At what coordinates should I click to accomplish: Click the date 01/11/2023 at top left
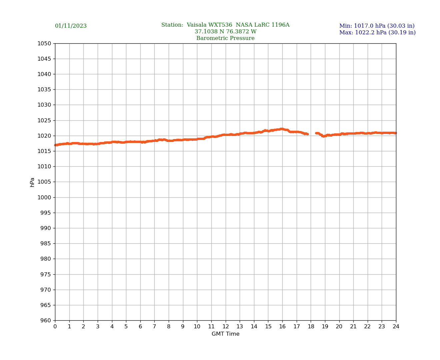point(71,26)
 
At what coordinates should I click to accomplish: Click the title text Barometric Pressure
point(225,38)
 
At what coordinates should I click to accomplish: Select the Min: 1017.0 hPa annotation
point(377,26)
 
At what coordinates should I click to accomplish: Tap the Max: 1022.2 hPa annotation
point(377,33)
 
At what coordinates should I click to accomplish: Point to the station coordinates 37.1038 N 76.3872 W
point(225,32)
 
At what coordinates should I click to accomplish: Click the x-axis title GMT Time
point(225,334)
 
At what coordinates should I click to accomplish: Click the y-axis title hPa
point(32,182)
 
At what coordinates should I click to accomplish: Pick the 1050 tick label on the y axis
point(44,43)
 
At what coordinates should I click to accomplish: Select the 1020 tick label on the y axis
point(44,136)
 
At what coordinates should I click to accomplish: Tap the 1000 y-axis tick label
point(44,197)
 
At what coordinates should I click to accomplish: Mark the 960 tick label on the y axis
point(46,321)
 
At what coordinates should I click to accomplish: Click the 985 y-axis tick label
point(46,244)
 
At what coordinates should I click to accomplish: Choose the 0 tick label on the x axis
point(55,327)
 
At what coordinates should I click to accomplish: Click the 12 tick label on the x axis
point(226,327)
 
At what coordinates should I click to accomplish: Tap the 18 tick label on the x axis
point(311,327)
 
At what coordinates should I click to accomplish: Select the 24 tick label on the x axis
point(396,327)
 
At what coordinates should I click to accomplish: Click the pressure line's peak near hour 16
point(282,129)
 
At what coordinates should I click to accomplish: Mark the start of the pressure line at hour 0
point(55,145)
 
